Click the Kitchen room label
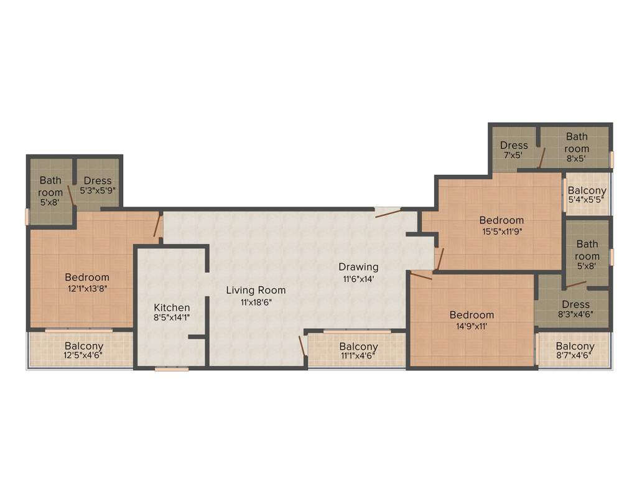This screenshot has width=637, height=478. pos(172,307)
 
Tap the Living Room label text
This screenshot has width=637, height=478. pos(256,290)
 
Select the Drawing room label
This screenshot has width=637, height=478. pos(358,267)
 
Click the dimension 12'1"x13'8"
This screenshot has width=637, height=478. pos(87,288)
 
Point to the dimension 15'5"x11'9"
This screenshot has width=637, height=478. pos(501,231)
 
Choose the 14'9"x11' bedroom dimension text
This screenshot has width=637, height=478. pos(472,326)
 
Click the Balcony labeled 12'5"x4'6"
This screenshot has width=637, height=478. pos(84,346)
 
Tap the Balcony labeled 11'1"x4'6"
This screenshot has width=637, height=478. pos(358,347)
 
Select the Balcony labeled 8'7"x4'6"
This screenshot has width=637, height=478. pos(575,346)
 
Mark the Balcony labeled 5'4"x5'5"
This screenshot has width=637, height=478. pos(587,190)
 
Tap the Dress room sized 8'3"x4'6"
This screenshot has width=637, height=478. pos(575,304)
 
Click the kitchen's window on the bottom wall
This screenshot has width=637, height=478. pos(172,369)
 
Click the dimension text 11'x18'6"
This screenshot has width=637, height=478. pos(256,302)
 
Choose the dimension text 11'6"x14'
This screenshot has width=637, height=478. pos(358,279)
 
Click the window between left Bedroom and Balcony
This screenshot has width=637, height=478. pos(78,330)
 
